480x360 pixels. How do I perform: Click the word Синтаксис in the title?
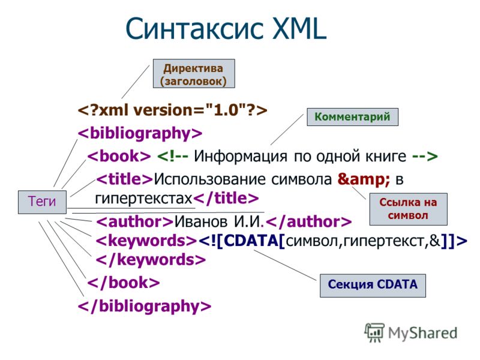click(194, 28)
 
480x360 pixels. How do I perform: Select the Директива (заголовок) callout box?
click(194, 74)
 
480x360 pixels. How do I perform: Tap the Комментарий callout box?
click(352, 116)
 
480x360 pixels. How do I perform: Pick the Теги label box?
click(42, 202)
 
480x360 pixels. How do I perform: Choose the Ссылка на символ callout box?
click(409, 209)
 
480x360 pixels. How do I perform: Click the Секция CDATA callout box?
click(373, 286)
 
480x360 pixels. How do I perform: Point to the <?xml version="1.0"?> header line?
click(172, 110)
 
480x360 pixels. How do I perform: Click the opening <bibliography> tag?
click(140, 133)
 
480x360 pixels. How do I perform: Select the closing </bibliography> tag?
click(145, 306)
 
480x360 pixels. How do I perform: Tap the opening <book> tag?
click(119, 156)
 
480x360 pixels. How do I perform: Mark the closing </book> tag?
click(124, 282)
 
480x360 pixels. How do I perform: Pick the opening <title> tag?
click(124, 179)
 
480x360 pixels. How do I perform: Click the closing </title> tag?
click(226, 199)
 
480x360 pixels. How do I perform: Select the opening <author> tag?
click(135, 221)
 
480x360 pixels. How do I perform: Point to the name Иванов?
click(201, 221)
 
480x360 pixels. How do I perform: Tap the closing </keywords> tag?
click(151, 260)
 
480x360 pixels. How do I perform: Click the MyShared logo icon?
click(374, 332)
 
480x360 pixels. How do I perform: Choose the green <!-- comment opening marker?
click(173, 157)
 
